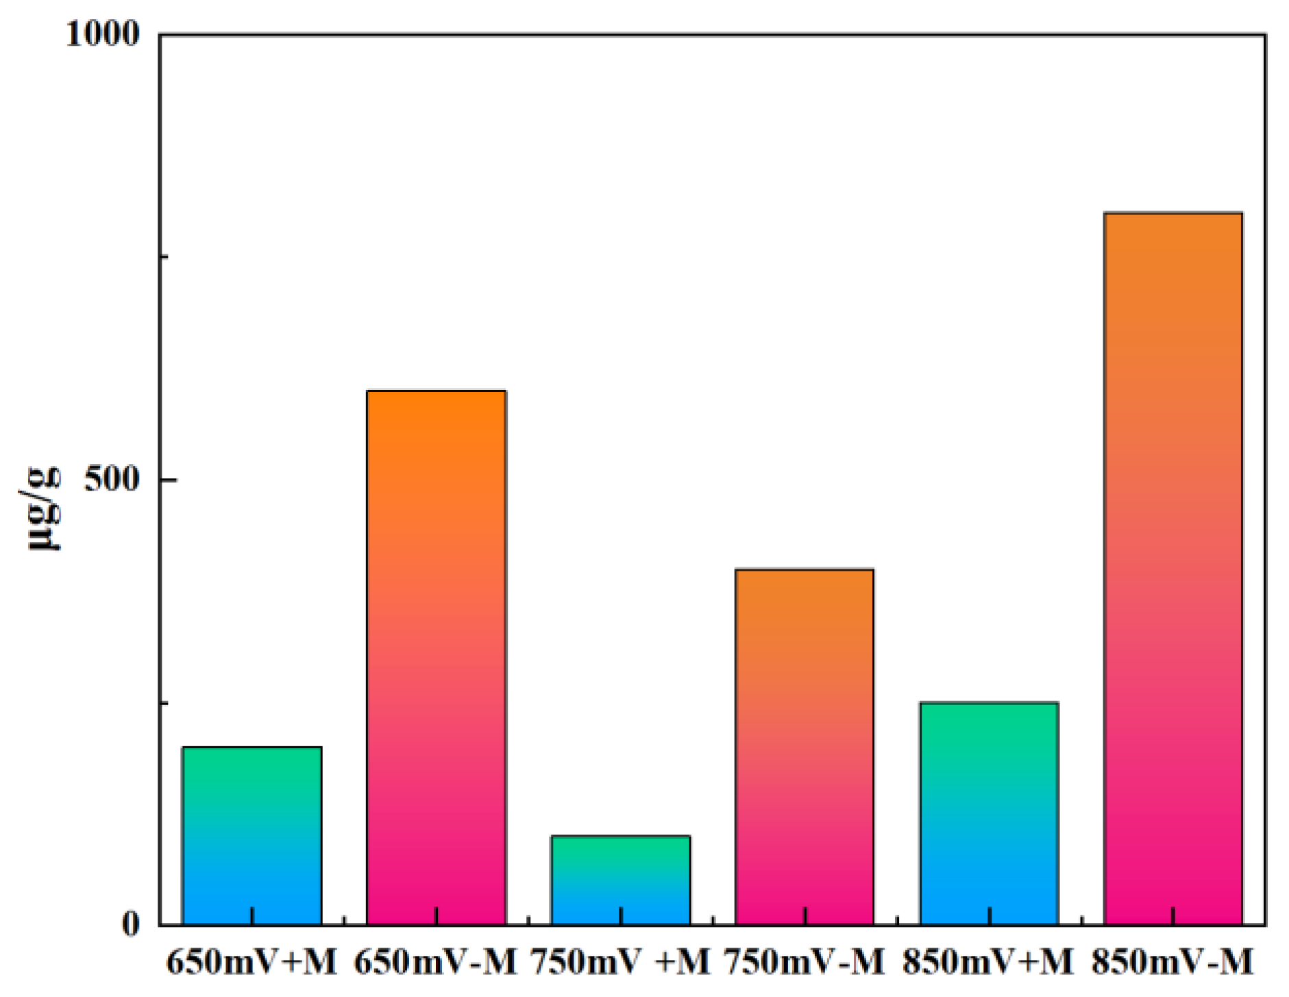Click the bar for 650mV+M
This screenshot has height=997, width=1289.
pos(251,836)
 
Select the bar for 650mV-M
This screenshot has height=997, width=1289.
pos(436,658)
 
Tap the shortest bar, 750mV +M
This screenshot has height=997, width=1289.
pos(620,881)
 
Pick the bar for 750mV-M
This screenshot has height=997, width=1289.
pos(804,747)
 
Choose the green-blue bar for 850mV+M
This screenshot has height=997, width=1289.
pos(989,813)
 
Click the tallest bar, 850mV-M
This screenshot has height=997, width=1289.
pos(1173,569)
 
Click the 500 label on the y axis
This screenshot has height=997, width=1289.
pos(112,478)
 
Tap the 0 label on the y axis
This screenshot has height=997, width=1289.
pos(130,924)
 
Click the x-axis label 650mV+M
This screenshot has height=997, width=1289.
pos(251,962)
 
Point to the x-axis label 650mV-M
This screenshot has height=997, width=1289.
pos(435,962)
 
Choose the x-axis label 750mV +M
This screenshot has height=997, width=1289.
pos(620,962)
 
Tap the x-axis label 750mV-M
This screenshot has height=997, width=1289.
pos(805,962)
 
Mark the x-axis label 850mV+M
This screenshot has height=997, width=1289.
pos(987,962)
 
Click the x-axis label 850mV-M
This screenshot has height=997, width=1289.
pos(1173,962)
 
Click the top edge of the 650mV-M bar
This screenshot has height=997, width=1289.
pos(436,391)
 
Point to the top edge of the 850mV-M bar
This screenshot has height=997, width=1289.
pos(1173,214)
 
